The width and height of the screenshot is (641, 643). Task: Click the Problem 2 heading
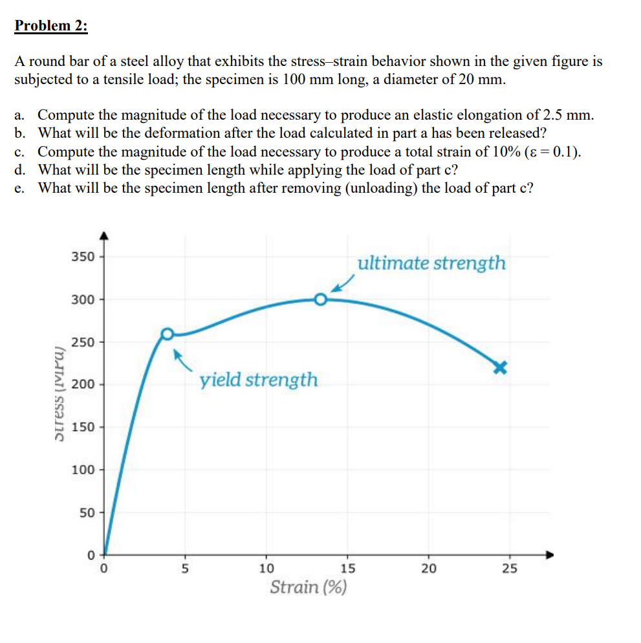[x=52, y=27]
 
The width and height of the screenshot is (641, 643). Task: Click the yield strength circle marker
[x=168, y=334]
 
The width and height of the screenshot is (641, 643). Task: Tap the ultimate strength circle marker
[x=321, y=300]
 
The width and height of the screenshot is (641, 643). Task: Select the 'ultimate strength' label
[x=431, y=263]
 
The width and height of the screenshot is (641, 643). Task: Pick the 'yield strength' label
[x=259, y=380]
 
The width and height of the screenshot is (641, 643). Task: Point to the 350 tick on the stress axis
[x=83, y=256]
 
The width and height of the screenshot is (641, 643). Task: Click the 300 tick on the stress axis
[x=83, y=299]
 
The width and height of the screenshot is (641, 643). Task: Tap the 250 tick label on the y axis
[x=83, y=342]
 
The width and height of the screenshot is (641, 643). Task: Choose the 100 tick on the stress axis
[x=83, y=470]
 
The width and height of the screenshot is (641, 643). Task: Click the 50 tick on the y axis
[x=86, y=512]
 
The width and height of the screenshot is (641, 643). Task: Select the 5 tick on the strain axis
[x=184, y=569]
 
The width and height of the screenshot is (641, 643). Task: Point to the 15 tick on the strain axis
[x=347, y=569]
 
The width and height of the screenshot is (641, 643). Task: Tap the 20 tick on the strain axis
[x=428, y=569]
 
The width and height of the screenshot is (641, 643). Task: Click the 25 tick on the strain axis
[x=509, y=569]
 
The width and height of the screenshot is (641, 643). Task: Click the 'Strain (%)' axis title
[x=308, y=588]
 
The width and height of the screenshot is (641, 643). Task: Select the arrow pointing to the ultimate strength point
[x=343, y=283]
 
